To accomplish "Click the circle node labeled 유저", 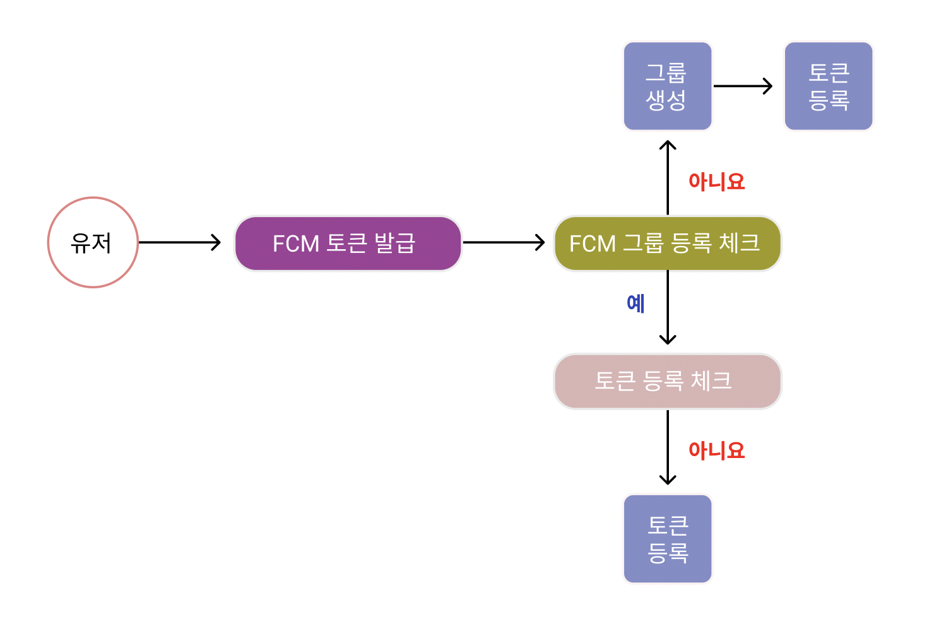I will click(x=93, y=242).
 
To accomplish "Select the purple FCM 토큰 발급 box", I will click(x=348, y=244).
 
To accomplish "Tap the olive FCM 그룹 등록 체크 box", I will click(x=667, y=244).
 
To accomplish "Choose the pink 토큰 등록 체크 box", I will click(x=667, y=381).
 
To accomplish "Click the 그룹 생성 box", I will click(x=667, y=86).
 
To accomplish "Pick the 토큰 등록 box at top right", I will click(x=828, y=86).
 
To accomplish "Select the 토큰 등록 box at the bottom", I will click(x=667, y=539).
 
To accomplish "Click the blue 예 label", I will click(x=635, y=303).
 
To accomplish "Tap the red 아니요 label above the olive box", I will click(x=716, y=182).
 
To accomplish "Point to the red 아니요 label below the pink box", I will click(x=716, y=450).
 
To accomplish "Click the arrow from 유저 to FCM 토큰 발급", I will click(x=180, y=242).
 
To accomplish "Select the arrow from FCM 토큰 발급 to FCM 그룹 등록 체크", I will click(x=504, y=242).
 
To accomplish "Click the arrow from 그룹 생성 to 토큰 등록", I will click(x=743, y=86).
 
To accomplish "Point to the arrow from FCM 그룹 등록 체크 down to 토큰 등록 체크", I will click(x=668, y=308).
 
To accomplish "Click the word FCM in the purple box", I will click(x=295, y=244).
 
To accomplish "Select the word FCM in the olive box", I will click(x=592, y=244).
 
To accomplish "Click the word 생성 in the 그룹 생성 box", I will click(x=666, y=100).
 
